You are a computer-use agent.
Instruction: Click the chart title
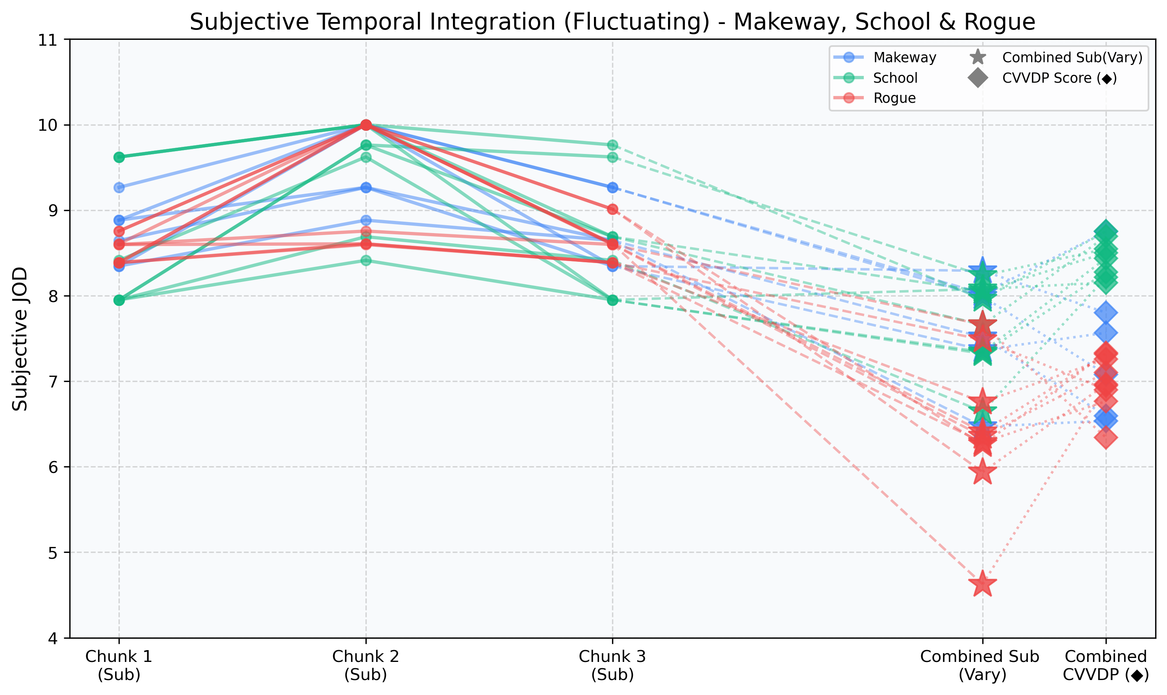(x=612, y=22)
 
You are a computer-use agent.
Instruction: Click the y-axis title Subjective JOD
(x=20, y=339)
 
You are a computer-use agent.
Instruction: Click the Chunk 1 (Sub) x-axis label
(x=119, y=665)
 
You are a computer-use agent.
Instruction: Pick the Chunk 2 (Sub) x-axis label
(x=366, y=665)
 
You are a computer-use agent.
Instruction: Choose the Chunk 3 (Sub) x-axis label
(x=612, y=665)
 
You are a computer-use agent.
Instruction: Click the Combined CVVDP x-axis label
(x=1106, y=665)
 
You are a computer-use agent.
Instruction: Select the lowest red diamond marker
(x=1106, y=438)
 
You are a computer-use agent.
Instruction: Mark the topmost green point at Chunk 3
(x=612, y=145)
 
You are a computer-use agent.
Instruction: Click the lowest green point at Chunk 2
(x=366, y=260)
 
